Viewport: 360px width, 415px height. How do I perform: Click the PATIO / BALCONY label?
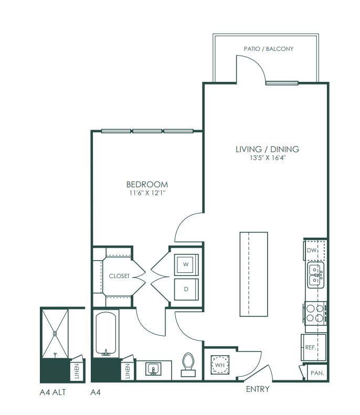268,49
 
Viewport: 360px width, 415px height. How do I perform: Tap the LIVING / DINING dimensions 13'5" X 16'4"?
268,158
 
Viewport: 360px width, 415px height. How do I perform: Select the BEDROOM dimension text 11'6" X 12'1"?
147,193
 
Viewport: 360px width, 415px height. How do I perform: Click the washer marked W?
186,264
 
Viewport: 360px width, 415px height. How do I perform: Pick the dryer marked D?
186,289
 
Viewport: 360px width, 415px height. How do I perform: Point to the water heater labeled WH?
220,365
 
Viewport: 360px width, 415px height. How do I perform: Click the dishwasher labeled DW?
314,250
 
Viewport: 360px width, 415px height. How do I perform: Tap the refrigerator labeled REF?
313,347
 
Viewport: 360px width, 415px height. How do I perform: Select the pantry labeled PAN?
316,373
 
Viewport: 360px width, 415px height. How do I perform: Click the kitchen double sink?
315,275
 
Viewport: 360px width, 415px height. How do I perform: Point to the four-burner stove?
315,313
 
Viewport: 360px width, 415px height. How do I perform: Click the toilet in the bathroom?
188,364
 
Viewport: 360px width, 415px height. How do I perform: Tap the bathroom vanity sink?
153,369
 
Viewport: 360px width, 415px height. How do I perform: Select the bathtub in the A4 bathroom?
105,334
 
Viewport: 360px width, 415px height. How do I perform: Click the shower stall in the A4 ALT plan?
55,334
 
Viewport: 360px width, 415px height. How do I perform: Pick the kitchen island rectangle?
253,274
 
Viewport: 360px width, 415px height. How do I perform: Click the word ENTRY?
258,389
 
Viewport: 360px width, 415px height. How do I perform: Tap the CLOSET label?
119,276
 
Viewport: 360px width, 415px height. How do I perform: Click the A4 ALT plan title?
52,392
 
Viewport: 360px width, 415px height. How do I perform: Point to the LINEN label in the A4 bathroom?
128,371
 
